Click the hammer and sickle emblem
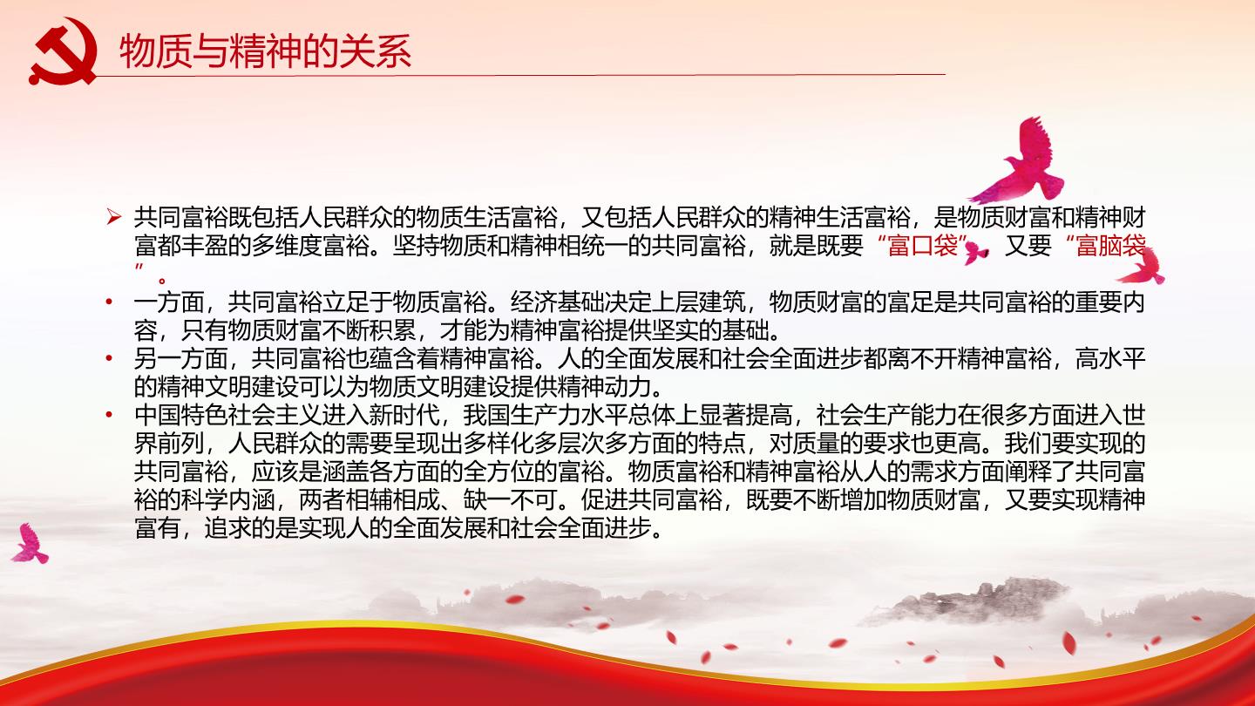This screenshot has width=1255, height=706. coord(63,51)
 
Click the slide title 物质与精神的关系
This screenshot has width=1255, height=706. coord(266,51)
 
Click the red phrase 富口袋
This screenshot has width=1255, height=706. coord(923,246)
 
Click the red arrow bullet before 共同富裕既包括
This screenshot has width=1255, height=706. coord(113,217)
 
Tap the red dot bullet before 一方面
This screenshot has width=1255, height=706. coord(109,302)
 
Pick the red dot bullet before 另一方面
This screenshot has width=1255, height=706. coord(109,358)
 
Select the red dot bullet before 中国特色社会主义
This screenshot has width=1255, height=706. coord(109,415)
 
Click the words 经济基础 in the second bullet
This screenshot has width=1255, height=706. coord(557,302)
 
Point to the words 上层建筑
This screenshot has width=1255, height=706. coord(699,302)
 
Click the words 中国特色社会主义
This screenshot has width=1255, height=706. coord(228,415)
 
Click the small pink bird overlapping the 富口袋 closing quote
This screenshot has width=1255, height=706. coord(976,253)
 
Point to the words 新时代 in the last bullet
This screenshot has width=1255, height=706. coord(404,415)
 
